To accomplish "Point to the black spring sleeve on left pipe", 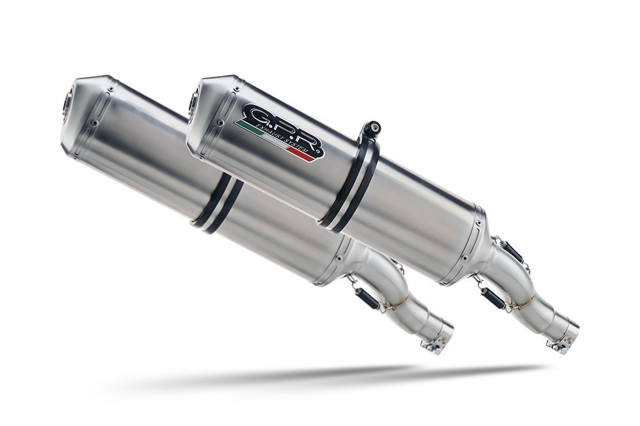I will [x=367, y=298].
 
